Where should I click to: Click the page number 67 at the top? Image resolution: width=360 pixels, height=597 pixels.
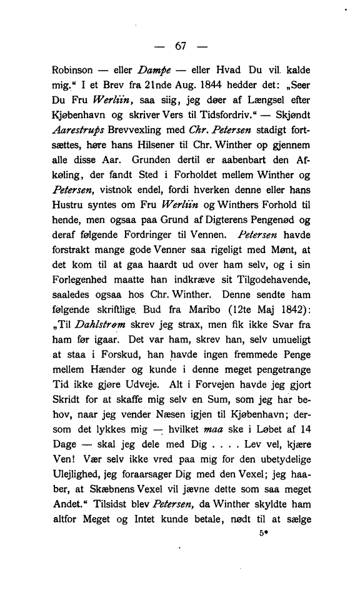point(182,46)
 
